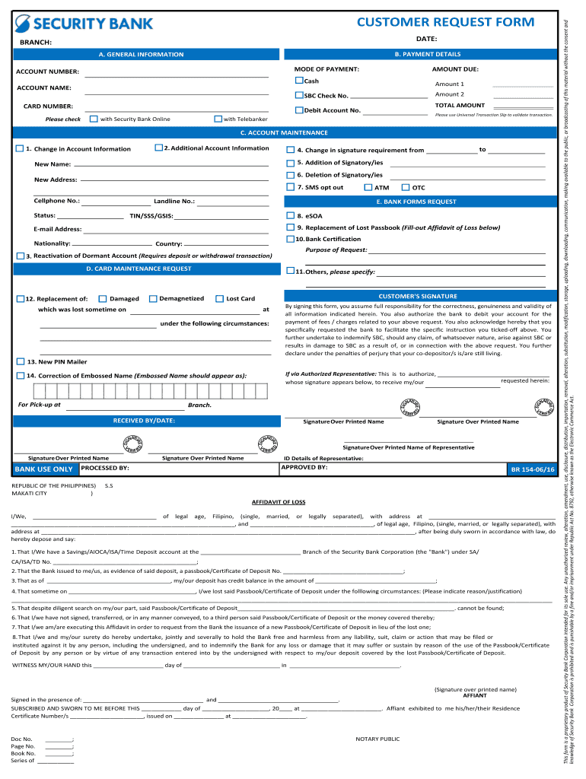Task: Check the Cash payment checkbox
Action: (299, 81)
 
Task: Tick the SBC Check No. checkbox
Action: (299, 95)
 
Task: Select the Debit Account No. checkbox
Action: (299, 110)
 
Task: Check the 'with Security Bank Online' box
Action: (94, 119)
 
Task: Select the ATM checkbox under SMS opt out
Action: (368, 187)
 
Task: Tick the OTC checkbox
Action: (406, 187)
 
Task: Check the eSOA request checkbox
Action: (290, 215)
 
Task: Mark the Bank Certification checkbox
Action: (290, 239)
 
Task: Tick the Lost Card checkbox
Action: (220, 298)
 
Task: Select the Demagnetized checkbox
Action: (153, 298)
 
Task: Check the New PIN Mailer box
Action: (20, 361)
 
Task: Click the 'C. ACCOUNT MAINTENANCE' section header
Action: (283, 132)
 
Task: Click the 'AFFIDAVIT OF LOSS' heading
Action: (278, 502)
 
